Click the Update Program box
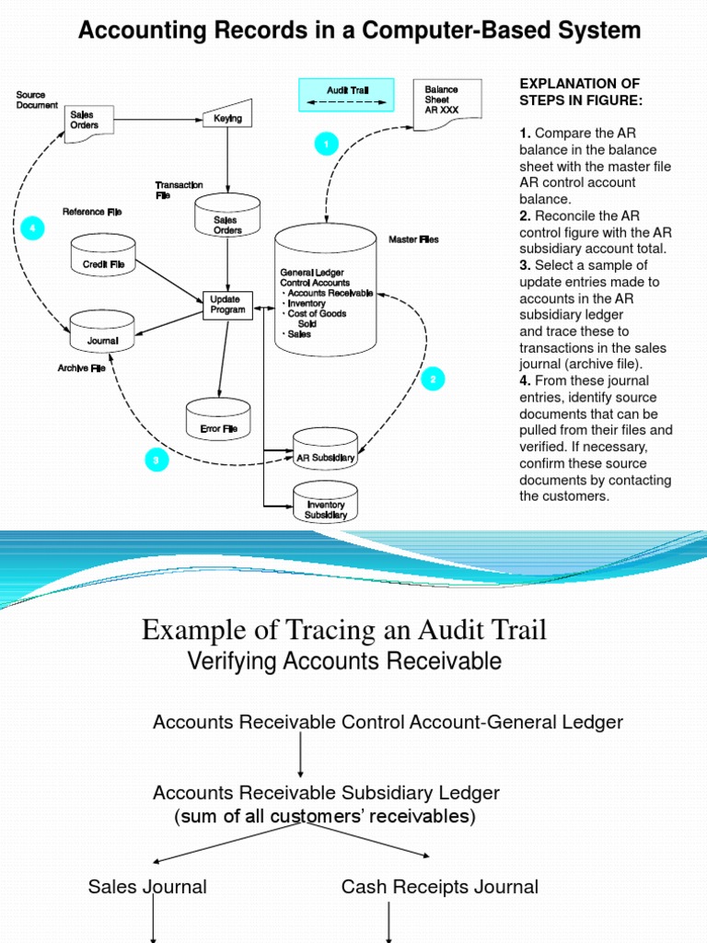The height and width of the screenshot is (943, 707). (x=227, y=305)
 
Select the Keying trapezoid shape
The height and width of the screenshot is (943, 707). (x=226, y=117)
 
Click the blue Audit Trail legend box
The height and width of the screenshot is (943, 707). (x=346, y=95)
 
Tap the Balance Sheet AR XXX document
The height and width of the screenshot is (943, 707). (x=443, y=100)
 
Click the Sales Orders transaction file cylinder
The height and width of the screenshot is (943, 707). (x=227, y=221)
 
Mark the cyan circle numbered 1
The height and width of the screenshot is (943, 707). (x=326, y=144)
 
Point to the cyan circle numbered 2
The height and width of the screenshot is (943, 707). (x=433, y=378)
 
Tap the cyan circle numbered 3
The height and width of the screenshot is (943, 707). (x=156, y=460)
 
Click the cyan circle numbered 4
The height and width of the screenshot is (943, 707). (x=33, y=228)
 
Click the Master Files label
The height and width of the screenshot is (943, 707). (x=413, y=239)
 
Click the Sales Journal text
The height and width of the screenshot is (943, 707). (x=147, y=887)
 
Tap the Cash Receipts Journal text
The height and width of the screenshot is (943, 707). (x=439, y=887)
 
